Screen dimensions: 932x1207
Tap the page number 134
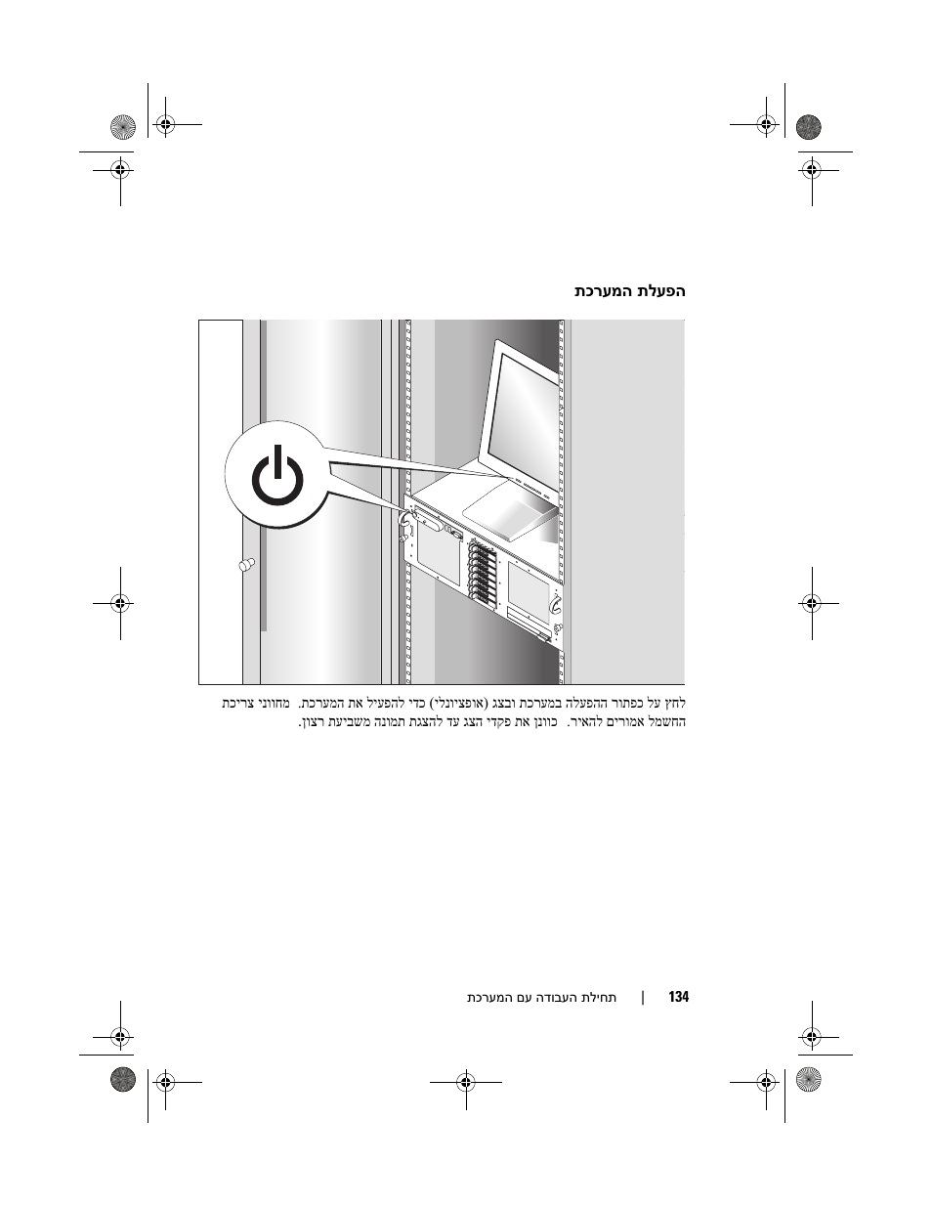(678, 997)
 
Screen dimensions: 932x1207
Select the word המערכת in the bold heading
(604, 291)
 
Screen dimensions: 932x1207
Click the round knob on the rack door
(246, 564)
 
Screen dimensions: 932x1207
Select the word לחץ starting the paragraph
(676, 704)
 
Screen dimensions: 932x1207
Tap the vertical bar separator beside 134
(643, 998)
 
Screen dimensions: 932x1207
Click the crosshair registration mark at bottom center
(466, 1082)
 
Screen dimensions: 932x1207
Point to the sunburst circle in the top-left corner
(123, 127)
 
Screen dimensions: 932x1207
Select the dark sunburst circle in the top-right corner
(809, 127)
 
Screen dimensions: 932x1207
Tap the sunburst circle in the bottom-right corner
(809, 1080)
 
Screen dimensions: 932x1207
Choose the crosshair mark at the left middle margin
(120, 603)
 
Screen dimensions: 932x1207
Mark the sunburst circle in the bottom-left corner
(123, 1080)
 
